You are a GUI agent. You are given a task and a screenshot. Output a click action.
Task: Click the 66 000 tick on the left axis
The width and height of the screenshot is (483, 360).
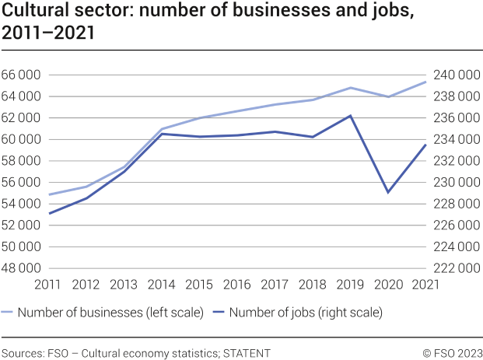click(x=21, y=75)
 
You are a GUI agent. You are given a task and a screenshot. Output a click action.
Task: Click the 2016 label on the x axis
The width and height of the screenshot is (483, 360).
click(x=237, y=284)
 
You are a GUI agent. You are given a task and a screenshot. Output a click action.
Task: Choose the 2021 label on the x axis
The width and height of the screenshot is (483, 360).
click(x=425, y=284)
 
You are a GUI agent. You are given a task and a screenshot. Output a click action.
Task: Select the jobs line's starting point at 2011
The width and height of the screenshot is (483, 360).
click(x=49, y=213)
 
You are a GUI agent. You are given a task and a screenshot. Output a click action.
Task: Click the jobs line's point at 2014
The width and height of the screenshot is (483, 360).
click(x=162, y=134)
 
